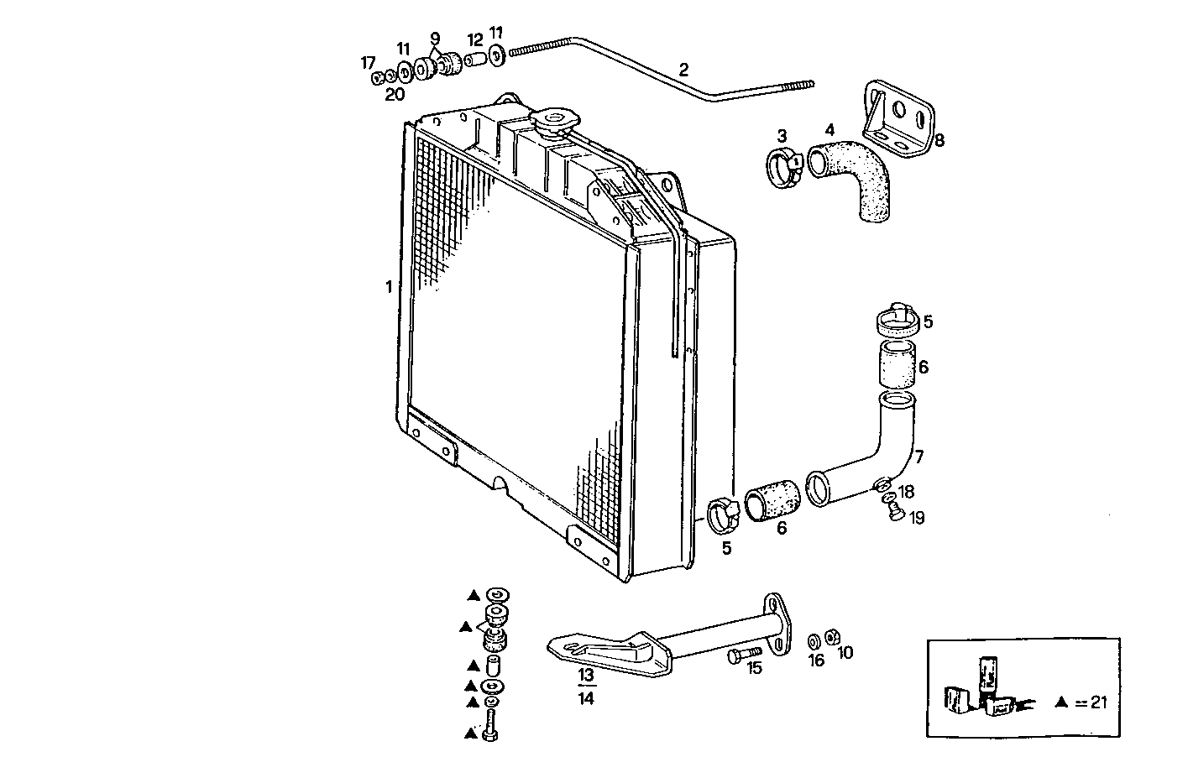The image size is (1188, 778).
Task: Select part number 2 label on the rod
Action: (683, 69)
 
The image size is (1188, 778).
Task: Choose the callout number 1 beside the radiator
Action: (389, 287)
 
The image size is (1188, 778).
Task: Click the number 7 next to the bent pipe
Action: (919, 457)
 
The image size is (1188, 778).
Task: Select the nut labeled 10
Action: (832, 637)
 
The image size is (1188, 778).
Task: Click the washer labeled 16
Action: (814, 642)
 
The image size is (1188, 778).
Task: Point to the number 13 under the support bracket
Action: (585, 675)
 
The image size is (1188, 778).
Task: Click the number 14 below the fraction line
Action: (586, 697)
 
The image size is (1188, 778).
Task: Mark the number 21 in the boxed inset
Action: (1097, 702)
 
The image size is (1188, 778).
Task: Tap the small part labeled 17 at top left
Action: (378, 78)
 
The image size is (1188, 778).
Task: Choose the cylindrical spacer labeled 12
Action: (475, 60)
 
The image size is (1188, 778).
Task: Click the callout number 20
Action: (395, 95)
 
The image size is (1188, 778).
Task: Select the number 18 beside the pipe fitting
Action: (907, 492)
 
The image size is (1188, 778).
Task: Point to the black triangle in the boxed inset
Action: (1063, 702)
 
